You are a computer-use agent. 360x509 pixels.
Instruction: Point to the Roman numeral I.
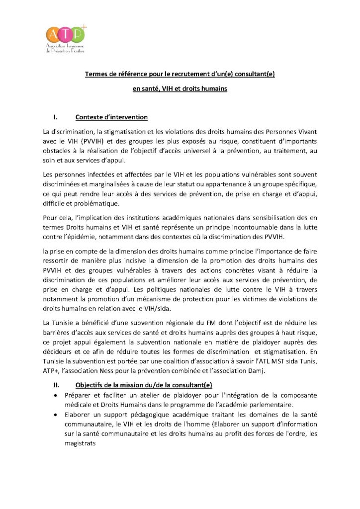[x=56, y=118]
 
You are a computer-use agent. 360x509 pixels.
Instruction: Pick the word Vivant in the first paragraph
[x=305, y=132]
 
